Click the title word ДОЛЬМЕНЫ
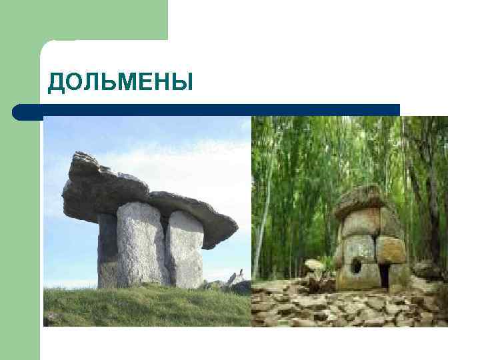120,82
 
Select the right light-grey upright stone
185,250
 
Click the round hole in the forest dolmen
357,266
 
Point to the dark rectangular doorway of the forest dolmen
385,275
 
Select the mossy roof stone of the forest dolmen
360,198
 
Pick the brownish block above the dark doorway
390,250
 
